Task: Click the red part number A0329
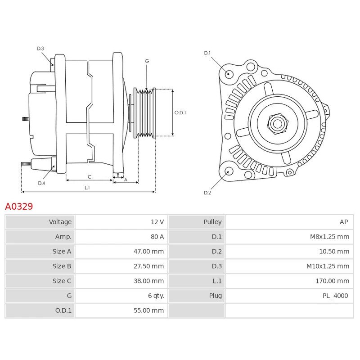19,206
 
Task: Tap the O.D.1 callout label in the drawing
180,112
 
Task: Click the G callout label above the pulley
147,61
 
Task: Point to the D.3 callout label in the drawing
40,49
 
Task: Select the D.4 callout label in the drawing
41,183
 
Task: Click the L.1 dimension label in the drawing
87,188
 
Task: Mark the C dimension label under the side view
90,177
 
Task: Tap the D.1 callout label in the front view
207,53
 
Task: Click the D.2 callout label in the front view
207,193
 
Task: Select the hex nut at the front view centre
277,124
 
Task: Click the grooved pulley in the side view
144,113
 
